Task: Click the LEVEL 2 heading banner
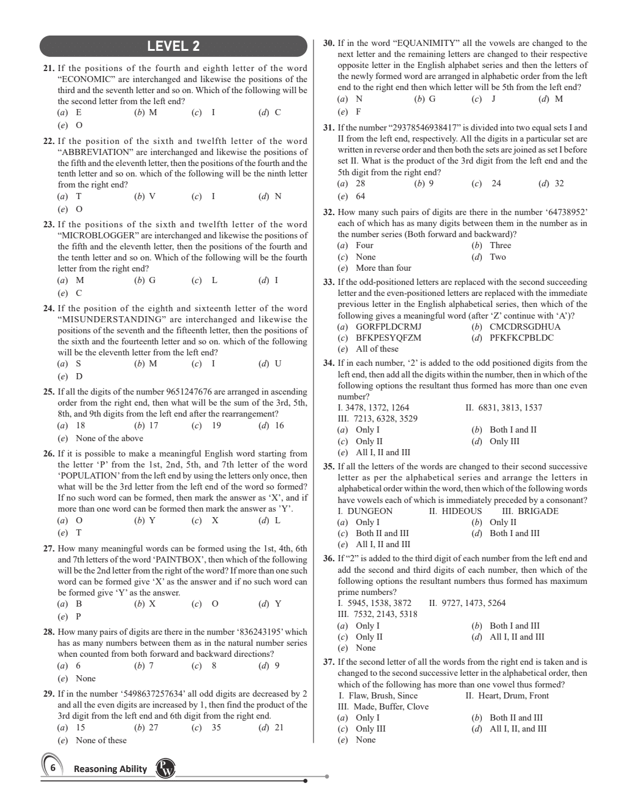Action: coord(173,46)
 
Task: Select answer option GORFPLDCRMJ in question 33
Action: coord(389,326)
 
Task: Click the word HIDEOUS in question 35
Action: coord(462,511)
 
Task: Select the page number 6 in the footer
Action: coord(53,768)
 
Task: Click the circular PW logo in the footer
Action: coord(165,768)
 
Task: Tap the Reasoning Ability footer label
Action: coord(110,769)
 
